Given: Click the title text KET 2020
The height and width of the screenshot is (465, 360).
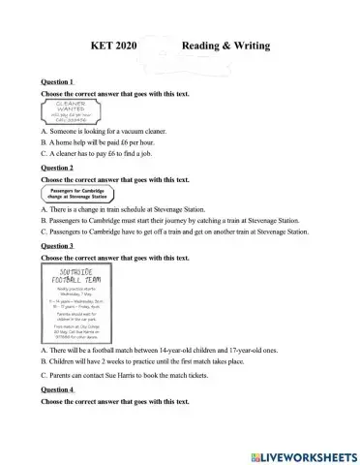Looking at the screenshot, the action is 116,46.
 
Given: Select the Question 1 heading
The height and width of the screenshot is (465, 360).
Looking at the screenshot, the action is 58,81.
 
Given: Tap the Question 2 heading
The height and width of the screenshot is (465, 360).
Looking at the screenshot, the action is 58,168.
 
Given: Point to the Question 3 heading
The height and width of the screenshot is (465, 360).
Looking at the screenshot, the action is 58,246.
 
